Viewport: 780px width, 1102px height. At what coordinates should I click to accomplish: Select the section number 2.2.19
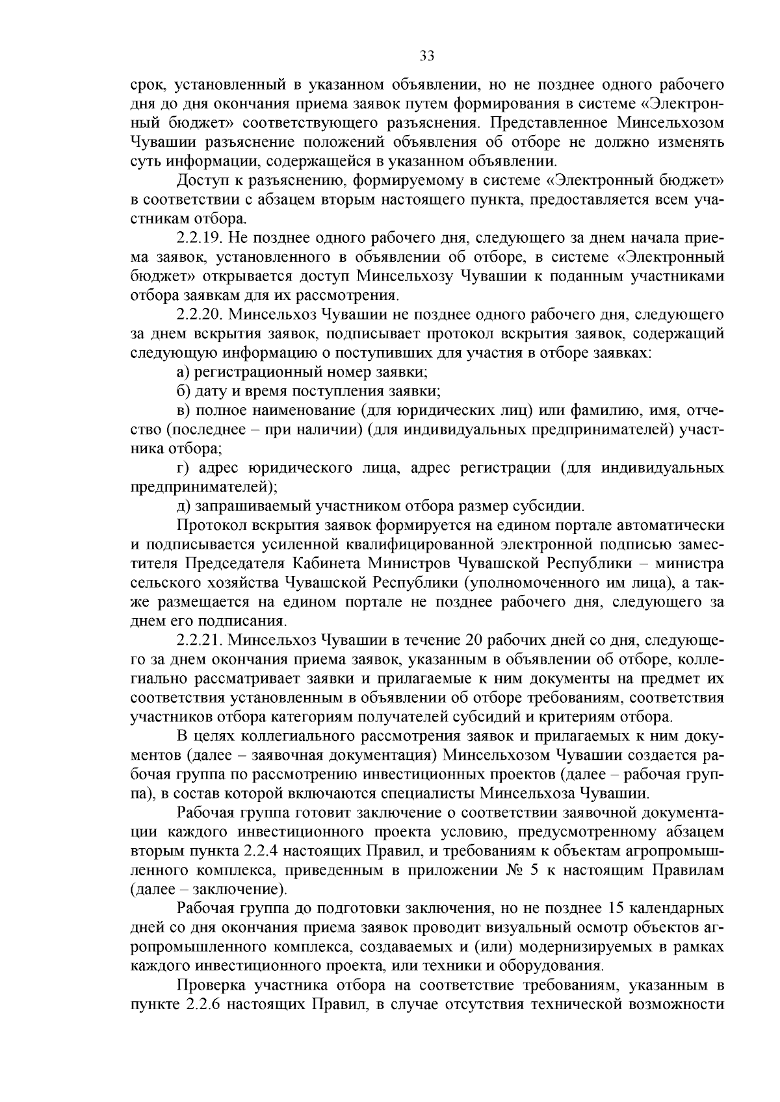coord(200,238)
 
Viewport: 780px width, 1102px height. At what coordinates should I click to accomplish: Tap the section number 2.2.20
coord(200,315)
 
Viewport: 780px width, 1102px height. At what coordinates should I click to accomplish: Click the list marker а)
coord(183,373)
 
